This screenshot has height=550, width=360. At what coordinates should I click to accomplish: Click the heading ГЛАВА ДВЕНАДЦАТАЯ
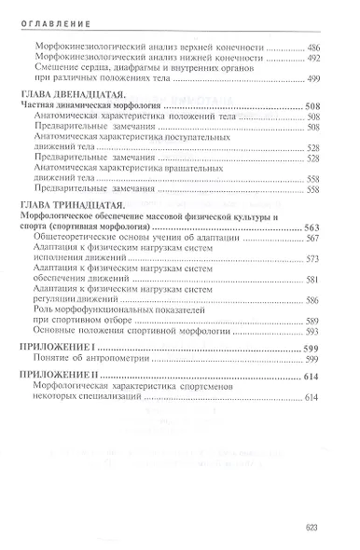coord(71,99)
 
